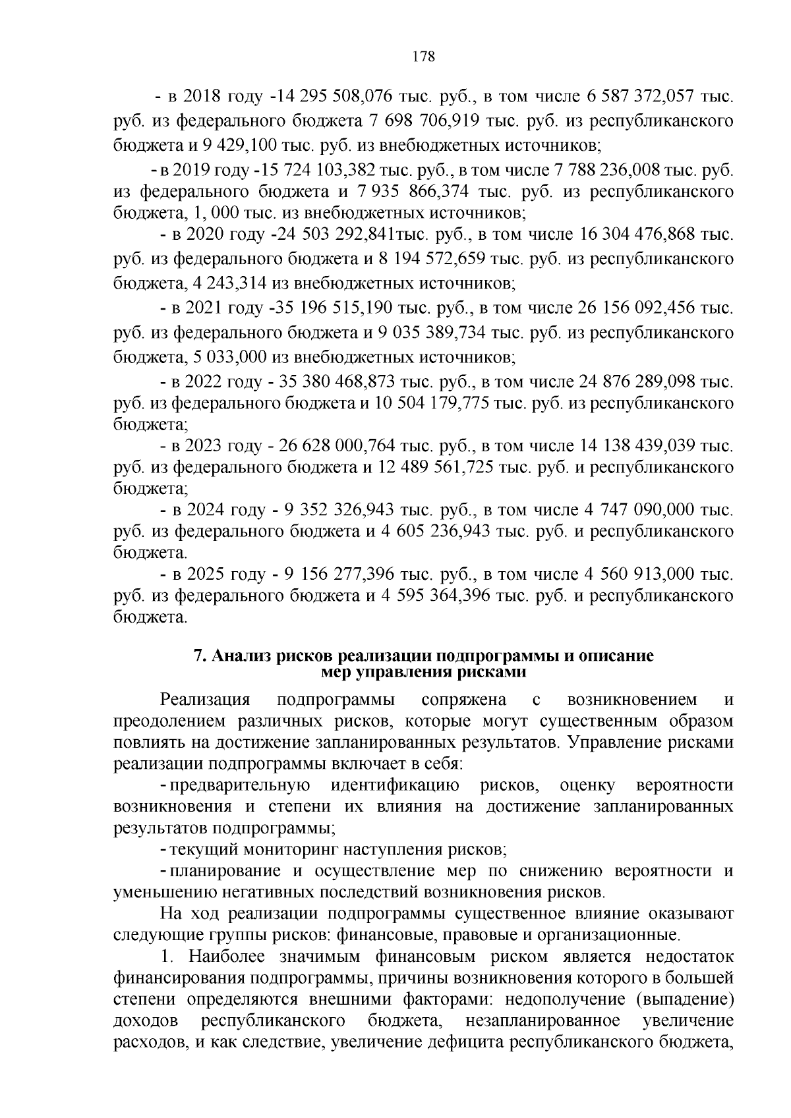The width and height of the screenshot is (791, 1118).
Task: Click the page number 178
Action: (423, 57)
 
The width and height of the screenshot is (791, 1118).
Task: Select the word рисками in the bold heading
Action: (497, 672)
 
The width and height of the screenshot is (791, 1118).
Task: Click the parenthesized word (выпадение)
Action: (685, 999)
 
